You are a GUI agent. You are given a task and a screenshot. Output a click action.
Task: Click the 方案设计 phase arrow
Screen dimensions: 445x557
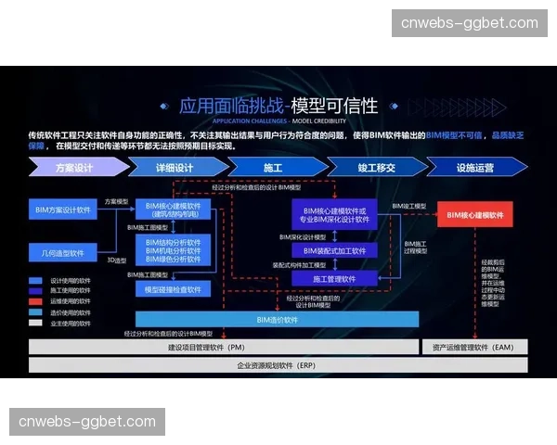tap(74, 168)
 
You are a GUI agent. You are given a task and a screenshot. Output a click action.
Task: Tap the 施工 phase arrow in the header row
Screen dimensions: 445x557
tap(272, 168)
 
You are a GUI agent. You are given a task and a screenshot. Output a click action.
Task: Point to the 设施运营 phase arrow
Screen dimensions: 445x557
tap(474, 168)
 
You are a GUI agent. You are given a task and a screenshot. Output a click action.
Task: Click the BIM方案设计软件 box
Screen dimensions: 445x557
tap(63, 210)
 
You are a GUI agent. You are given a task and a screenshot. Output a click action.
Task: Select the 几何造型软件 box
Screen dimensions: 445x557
tap(63, 252)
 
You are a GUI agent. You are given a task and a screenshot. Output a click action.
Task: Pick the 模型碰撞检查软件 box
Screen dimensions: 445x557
tap(174, 289)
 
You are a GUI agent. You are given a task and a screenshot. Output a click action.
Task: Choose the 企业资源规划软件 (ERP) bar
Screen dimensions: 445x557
tap(278, 365)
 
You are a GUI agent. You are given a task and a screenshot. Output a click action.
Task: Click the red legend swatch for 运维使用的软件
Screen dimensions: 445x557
tap(35, 301)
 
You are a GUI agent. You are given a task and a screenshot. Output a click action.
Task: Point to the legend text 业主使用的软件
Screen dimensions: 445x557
tap(71, 324)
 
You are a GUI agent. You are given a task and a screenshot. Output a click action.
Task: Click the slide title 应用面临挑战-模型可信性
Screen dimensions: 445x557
tap(278, 105)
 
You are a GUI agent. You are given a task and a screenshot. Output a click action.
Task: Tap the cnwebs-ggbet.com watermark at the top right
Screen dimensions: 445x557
tap(469, 22)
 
